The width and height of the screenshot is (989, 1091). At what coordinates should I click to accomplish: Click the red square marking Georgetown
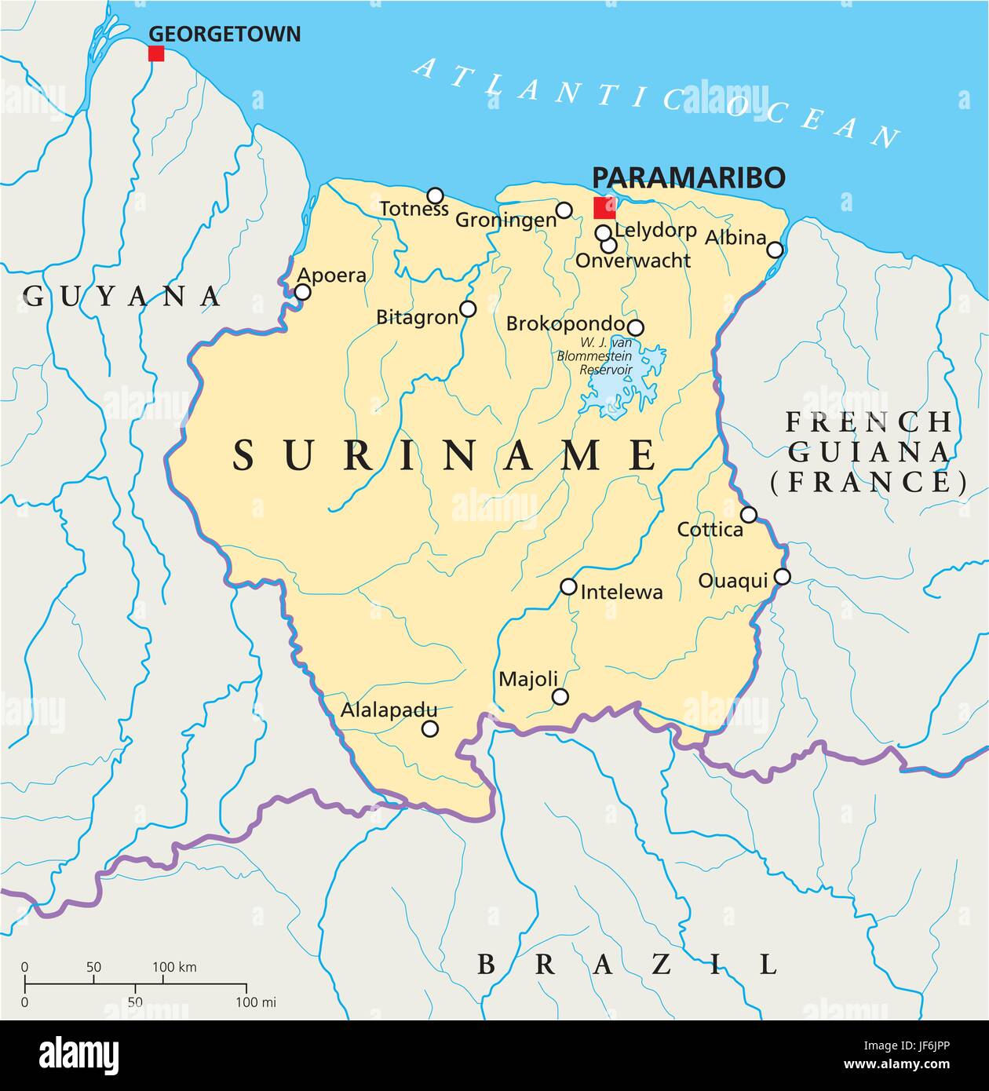tap(156, 53)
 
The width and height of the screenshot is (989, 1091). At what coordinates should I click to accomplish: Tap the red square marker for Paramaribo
tap(604, 208)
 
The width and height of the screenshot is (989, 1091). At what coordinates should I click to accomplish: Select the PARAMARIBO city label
tap(688, 177)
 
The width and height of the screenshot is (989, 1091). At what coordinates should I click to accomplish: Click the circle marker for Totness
tap(435, 195)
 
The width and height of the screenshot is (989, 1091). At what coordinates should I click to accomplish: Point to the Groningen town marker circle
tap(564, 210)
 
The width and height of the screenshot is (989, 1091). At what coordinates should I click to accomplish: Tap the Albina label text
tap(735, 237)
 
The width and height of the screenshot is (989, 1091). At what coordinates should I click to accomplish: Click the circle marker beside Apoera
tap(302, 292)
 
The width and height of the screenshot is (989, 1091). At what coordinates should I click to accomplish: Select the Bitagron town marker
tap(468, 308)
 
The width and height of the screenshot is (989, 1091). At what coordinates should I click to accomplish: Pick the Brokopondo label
tap(565, 323)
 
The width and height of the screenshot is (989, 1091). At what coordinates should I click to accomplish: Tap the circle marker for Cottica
tap(750, 515)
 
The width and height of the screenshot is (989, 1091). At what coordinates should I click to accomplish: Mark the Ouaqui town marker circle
tap(783, 577)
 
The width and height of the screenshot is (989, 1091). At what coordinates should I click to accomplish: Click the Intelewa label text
tap(621, 592)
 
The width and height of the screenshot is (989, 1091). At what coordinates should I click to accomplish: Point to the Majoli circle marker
tap(560, 696)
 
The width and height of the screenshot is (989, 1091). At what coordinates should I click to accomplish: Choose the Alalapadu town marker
tap(430, 728)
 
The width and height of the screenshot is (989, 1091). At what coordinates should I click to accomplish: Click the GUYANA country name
tap(122, 296)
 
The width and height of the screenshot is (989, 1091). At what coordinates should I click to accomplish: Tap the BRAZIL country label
tap(627, 963)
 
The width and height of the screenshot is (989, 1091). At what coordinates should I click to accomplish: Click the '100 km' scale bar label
tap(174, 967)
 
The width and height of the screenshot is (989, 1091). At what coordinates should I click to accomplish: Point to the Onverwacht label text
tap(633, 261)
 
